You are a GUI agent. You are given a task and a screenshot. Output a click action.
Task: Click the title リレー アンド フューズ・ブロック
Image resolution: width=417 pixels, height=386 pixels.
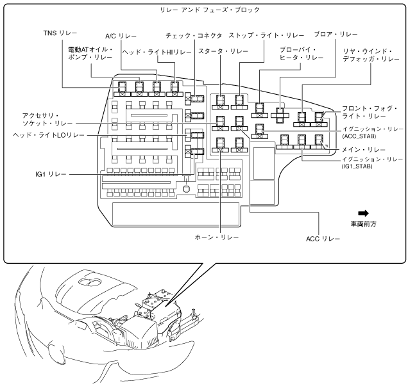click(208, 10)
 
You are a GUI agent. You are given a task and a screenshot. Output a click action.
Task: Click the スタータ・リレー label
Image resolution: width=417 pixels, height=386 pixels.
click(221, 50)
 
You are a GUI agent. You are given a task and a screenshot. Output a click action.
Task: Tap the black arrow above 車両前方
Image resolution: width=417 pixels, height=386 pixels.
click(364, 213)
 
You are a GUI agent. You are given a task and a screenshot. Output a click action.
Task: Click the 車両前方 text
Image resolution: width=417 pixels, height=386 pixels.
click(364, 225)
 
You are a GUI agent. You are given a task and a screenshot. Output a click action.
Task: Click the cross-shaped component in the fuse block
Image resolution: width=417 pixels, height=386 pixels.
click(280, 115)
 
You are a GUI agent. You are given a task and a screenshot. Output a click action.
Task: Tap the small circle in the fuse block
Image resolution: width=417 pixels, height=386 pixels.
click(185, 188)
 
